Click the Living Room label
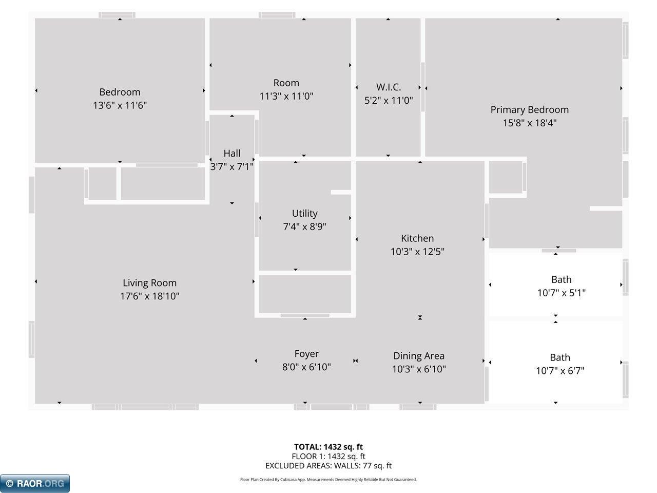tap(150, 283)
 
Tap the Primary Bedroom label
tap(530, 110)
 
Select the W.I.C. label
tap(389, 87)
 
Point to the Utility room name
tap(305, 214)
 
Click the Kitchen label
tap(417, 238)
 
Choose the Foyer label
tap(306, 354)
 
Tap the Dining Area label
tap(419, 356)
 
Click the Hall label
tap(232, 153)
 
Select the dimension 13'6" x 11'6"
tap(120, 105)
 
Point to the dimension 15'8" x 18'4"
tap(530, 123)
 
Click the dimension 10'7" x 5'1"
tap(561, 293)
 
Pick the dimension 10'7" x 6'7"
tap(560, 371)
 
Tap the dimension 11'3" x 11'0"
tap(286, 97)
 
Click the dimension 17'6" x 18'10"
tap(150, 296)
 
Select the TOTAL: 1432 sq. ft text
tap(328, 447)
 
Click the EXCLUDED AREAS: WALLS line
tap(328, 466)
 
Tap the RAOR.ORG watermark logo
tap(35, 483)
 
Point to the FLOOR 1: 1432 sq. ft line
tap(328, 456)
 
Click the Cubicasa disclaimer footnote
tap(328, 480)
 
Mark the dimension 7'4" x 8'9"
tap(305, 226)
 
